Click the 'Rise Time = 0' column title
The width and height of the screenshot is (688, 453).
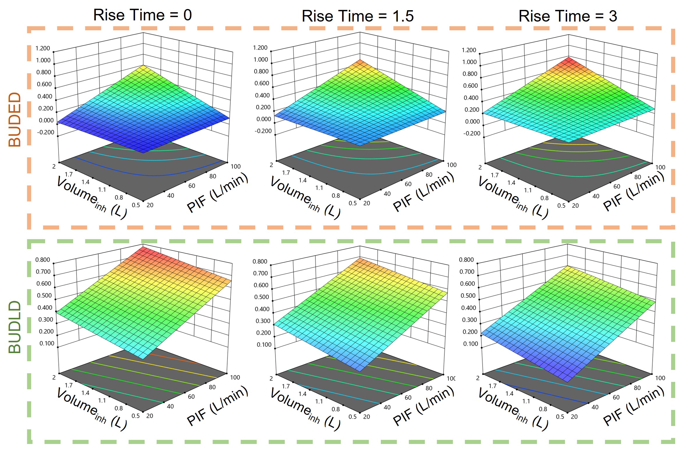click(142, 15)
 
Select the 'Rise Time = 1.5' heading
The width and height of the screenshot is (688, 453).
click(358, 16)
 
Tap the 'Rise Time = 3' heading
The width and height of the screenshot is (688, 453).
click(567, 16)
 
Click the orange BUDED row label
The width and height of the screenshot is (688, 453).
click(15, 119)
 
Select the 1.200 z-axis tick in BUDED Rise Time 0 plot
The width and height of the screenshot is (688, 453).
click(43, 48)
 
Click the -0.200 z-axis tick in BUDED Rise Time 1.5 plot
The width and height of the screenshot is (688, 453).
click(263, 131)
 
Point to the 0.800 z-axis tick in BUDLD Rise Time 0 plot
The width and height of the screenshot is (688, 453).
click(43, 260)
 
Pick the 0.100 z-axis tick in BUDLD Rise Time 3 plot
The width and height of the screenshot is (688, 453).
click(470, 344)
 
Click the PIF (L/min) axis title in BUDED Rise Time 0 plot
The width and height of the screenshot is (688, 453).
click(217, 192)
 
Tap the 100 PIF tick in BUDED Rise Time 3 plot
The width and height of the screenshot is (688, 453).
click(660, 168)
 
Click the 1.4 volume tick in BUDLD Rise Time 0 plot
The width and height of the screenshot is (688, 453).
click(85, 393)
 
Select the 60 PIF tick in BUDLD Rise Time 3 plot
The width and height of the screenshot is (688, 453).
click(616, 397)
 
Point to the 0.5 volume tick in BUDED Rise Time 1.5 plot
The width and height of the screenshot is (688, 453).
click(353, 203)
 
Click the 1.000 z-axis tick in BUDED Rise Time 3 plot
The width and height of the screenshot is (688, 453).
click(469, 62)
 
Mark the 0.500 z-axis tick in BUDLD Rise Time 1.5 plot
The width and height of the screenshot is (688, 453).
click(261, 297)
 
